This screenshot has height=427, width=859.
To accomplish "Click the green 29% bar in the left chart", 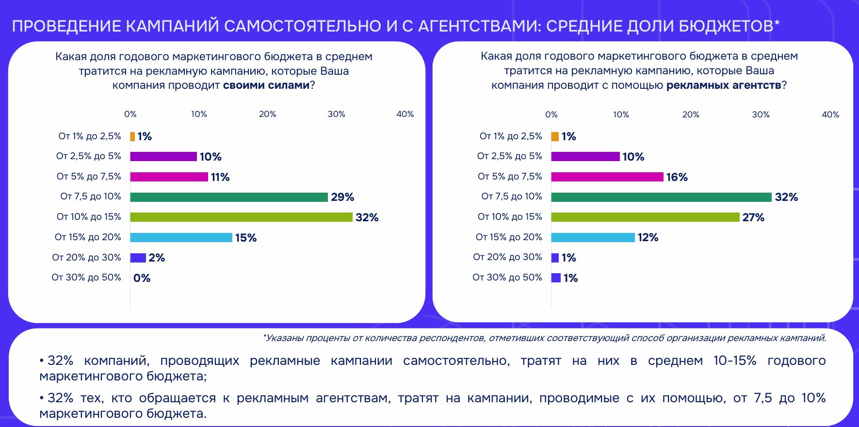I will [229, 197].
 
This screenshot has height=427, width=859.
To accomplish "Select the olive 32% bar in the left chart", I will [241, 217].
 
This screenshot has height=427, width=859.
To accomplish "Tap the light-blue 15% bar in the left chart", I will [181, 237].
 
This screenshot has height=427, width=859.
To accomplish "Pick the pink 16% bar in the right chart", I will [607, 177].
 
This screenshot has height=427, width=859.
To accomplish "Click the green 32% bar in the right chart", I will [661, 197].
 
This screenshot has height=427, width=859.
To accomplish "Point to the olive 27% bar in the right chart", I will [645, 217].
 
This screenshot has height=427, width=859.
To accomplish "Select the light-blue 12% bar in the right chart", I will [593, 237].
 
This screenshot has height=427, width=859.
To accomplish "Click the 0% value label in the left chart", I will [142, 278].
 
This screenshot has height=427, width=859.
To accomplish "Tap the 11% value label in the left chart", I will [220, 177].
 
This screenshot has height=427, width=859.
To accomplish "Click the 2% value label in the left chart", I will [157, 258].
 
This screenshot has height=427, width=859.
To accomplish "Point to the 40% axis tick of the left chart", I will [405, 114].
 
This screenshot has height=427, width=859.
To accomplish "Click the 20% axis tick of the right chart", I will [691, 115].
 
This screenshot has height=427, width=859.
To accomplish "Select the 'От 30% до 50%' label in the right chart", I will [507, 278].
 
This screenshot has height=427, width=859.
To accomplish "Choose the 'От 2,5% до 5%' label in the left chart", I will [89, 156].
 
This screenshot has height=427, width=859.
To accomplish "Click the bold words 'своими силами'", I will [266, 85].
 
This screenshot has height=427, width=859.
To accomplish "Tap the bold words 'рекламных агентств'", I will [724, 85].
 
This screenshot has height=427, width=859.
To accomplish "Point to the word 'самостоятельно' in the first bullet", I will [456, 361].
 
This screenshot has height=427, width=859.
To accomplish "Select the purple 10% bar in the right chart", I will [585, 157].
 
